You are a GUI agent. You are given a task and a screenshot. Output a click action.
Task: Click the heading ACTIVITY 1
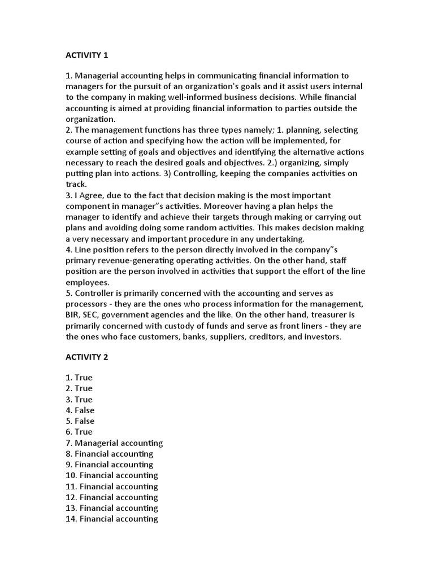pos(86,55)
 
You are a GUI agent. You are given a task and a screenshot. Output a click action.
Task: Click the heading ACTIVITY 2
pos(86,358)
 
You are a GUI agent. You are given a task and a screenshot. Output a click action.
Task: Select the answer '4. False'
pos(80,410)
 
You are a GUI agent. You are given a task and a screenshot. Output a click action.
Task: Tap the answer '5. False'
pos(80,421)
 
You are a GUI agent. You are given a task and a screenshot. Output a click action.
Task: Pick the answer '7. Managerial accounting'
pos(114,443)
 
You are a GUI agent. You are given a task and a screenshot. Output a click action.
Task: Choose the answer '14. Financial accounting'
pos(112,519)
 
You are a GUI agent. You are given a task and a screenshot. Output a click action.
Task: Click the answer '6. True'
pos(79,432)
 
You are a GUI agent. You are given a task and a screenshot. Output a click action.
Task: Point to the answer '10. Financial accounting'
pos(112,475)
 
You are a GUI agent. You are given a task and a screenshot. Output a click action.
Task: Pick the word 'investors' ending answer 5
pos(322,337)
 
